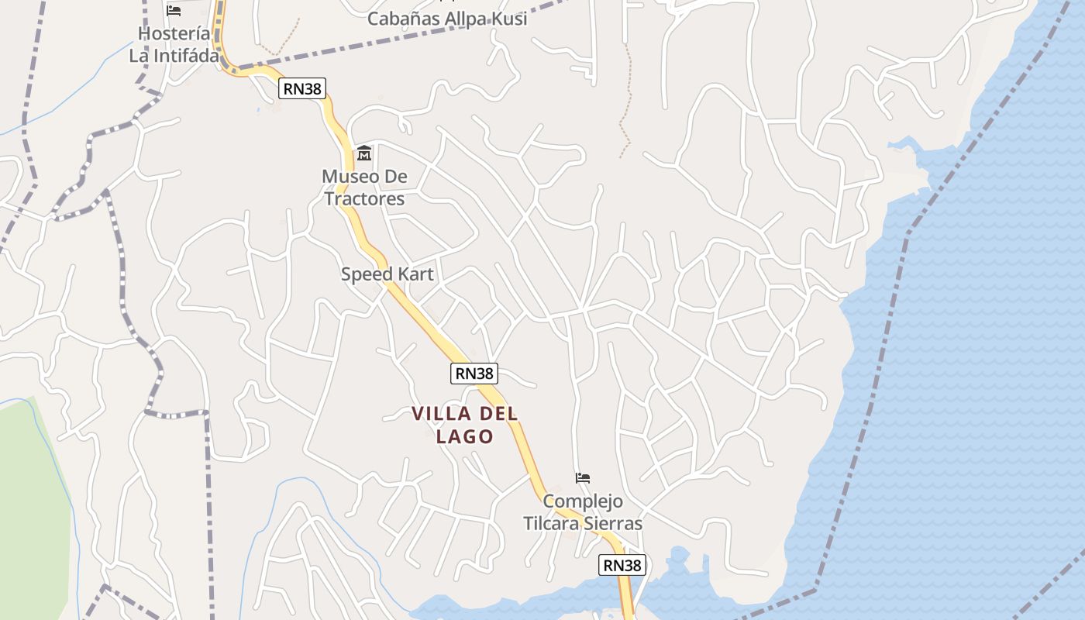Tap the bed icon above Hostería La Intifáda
(x=174, y=11)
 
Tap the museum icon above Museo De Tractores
(x=364, y=153)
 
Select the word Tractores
(x=364, y=199)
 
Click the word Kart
(x=416, y=274)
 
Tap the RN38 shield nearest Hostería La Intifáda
(x=301, y=88)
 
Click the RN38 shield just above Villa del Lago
(x=474, y=374)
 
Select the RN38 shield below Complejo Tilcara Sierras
(x=622, y=566)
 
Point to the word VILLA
(x=440, y=414)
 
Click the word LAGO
(x=465, y=436)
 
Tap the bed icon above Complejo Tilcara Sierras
(x=583, y=478)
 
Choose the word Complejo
(x=583, y=501)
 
